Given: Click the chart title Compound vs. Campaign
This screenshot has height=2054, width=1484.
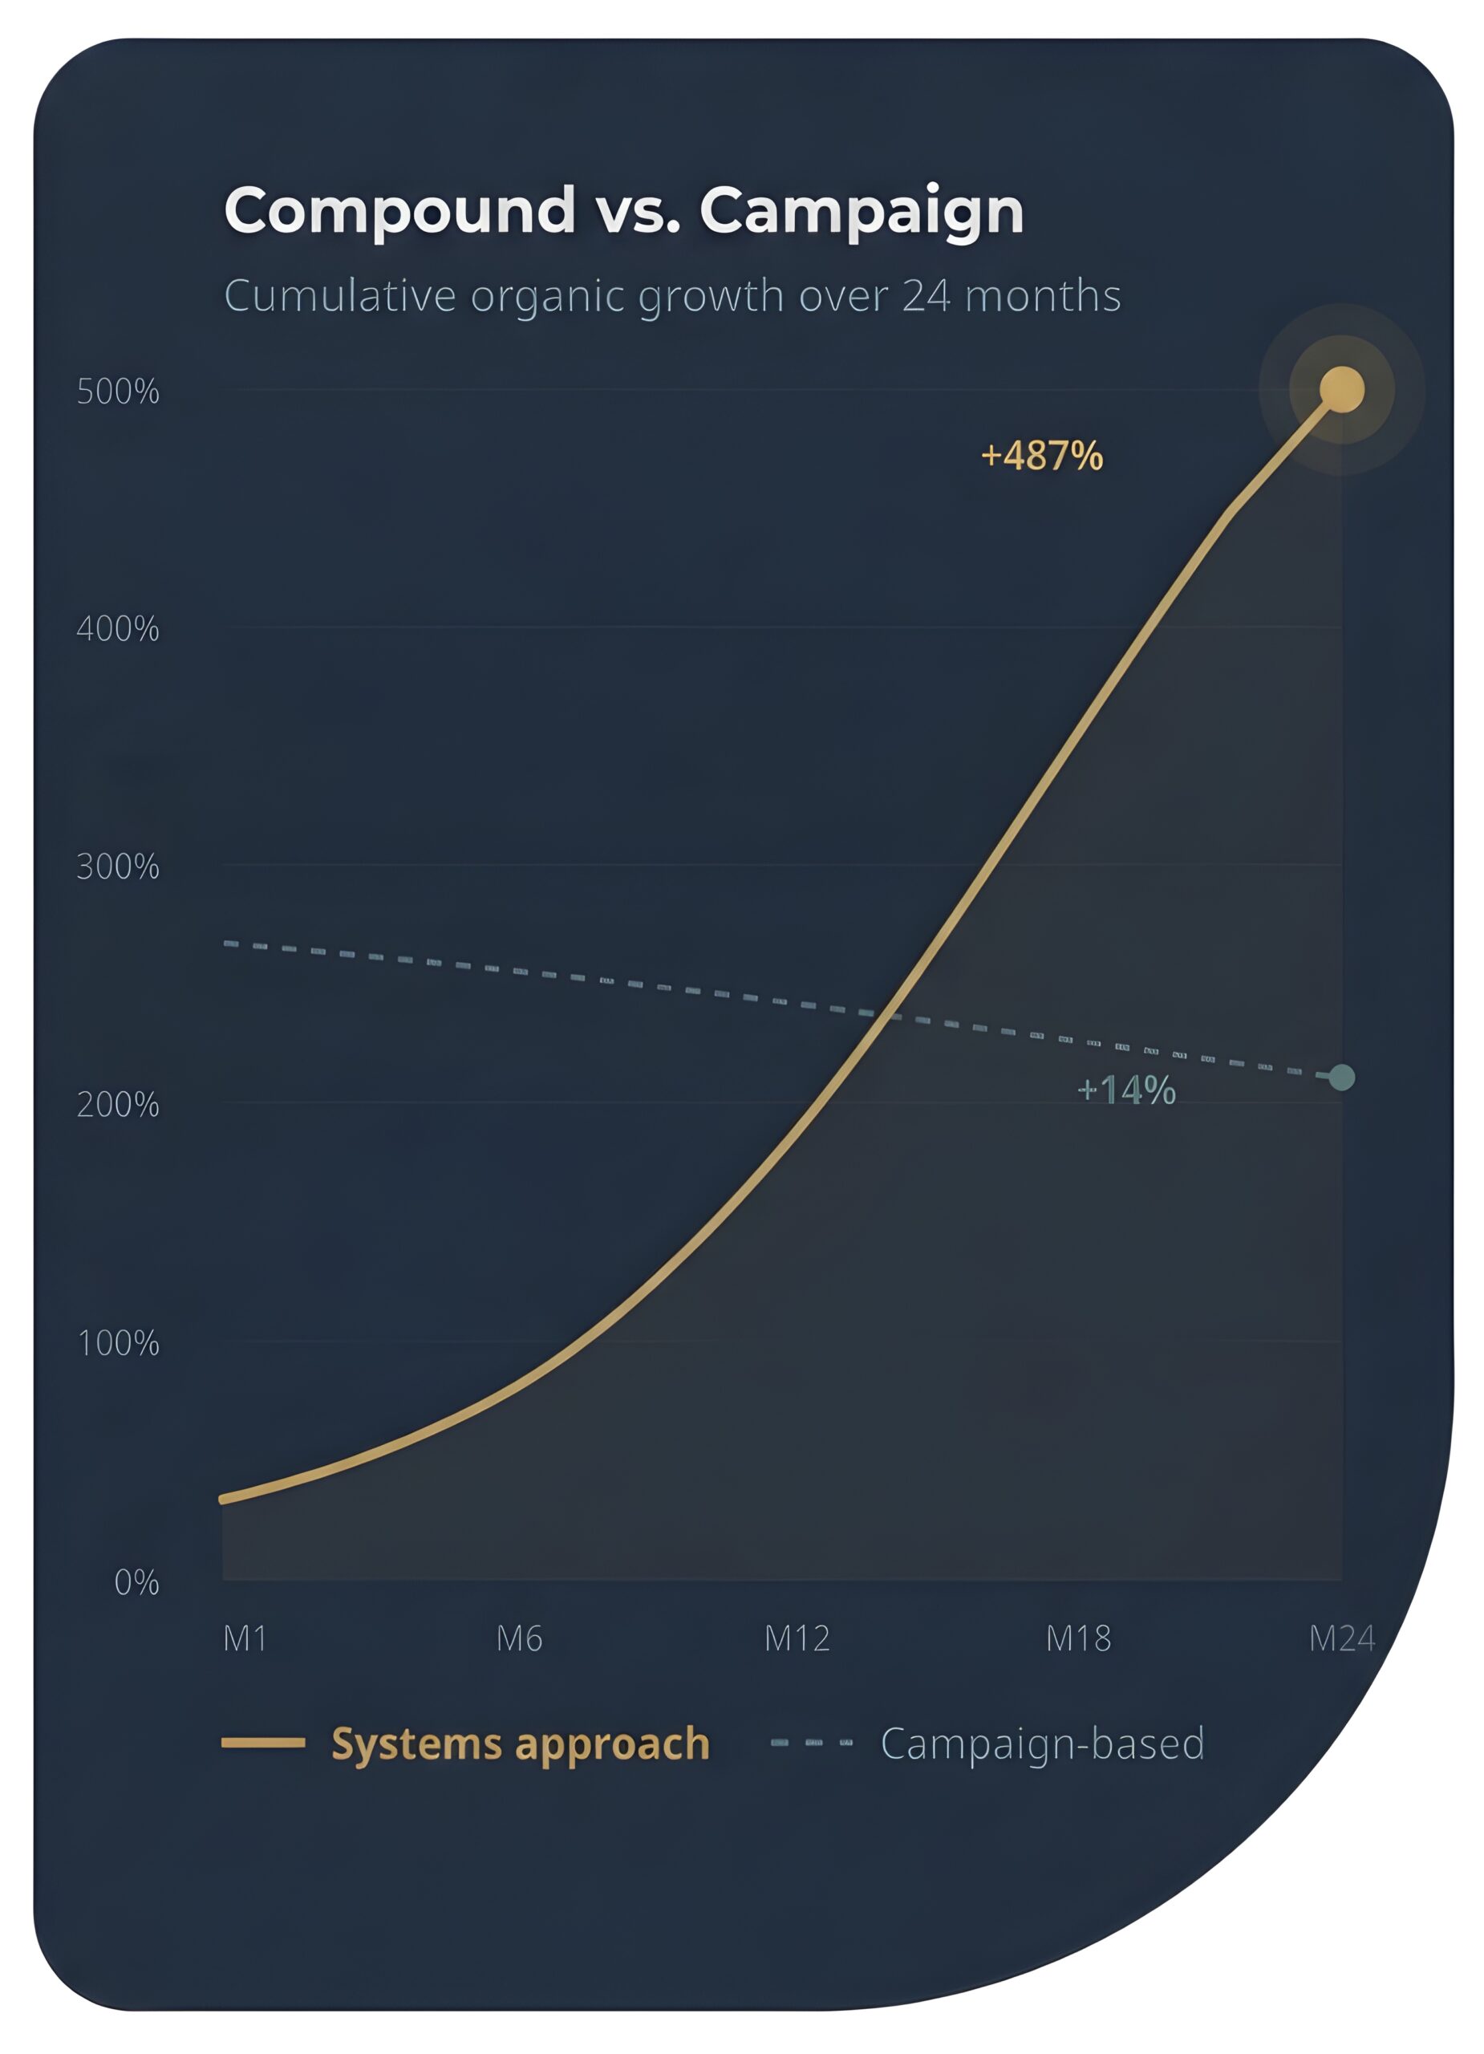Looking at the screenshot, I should click(623, 211).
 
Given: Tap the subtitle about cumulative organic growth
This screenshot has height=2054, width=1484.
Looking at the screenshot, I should click(672, 296).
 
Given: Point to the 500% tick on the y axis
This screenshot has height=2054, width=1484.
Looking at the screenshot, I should click(118, 392).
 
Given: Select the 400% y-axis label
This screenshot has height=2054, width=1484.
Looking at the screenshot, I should click(118, 629).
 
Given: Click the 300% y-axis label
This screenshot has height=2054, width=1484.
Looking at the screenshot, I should click(118, 867).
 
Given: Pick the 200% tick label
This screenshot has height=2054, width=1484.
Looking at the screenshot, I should click(118, 1105).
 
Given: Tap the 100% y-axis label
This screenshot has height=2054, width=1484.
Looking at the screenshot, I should click(118, 1343).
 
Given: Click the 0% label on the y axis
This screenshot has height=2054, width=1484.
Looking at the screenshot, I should click(136, 1582).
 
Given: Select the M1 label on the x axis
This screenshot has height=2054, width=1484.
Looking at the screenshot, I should click(245, 1638).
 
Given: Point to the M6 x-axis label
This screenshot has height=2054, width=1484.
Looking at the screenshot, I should click(519, 1638).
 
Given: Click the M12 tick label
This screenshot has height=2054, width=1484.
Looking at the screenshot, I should click(797, 1638).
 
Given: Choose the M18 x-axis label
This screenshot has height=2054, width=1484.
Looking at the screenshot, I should click(1077, 1638).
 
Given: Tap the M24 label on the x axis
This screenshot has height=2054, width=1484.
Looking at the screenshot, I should click(1341, 1638).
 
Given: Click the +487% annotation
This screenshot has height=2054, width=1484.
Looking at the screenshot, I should click(1041, 456).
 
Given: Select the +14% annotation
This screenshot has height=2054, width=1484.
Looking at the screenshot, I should click(1125, 1090).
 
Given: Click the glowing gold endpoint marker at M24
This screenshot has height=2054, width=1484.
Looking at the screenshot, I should click(1341, 389).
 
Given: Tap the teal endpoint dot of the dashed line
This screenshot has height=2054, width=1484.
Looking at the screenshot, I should click(1341, 1078).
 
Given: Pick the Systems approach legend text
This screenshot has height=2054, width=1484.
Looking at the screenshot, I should click(520, 1743).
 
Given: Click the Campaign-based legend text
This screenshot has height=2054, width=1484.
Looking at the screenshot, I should click(1041, 1743).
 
